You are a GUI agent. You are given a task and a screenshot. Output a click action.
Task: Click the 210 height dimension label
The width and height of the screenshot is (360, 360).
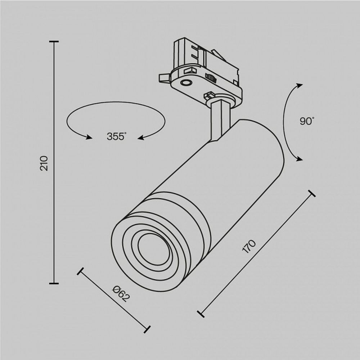(44, 163)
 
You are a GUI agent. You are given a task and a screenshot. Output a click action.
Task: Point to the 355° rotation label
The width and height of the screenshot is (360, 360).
(117, 136)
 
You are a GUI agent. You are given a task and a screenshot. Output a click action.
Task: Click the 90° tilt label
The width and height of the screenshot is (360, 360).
(307, 121)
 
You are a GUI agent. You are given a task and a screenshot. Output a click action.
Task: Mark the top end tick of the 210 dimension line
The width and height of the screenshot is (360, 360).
(54, 42)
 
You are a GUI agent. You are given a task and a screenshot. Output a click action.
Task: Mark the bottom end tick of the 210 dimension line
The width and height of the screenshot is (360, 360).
(54, 283)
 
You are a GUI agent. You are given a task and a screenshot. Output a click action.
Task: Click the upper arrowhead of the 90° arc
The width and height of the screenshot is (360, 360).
(298, 85)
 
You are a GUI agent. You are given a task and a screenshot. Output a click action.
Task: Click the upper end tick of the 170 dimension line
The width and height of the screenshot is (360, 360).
(311, 193)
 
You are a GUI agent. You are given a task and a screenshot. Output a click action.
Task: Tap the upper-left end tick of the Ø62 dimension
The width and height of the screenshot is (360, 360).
(81, 271)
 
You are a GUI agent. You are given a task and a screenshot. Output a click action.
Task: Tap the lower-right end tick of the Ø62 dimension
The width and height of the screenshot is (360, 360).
(147, 329)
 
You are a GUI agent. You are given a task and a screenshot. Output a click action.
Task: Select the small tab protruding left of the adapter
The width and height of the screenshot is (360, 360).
(163, 78)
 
